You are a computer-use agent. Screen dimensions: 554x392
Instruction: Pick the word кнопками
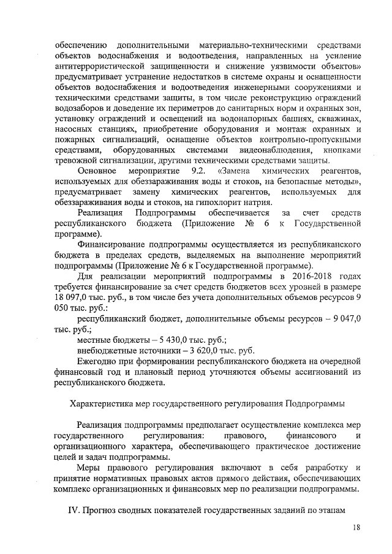pyautogui.click(x=341, y=149)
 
